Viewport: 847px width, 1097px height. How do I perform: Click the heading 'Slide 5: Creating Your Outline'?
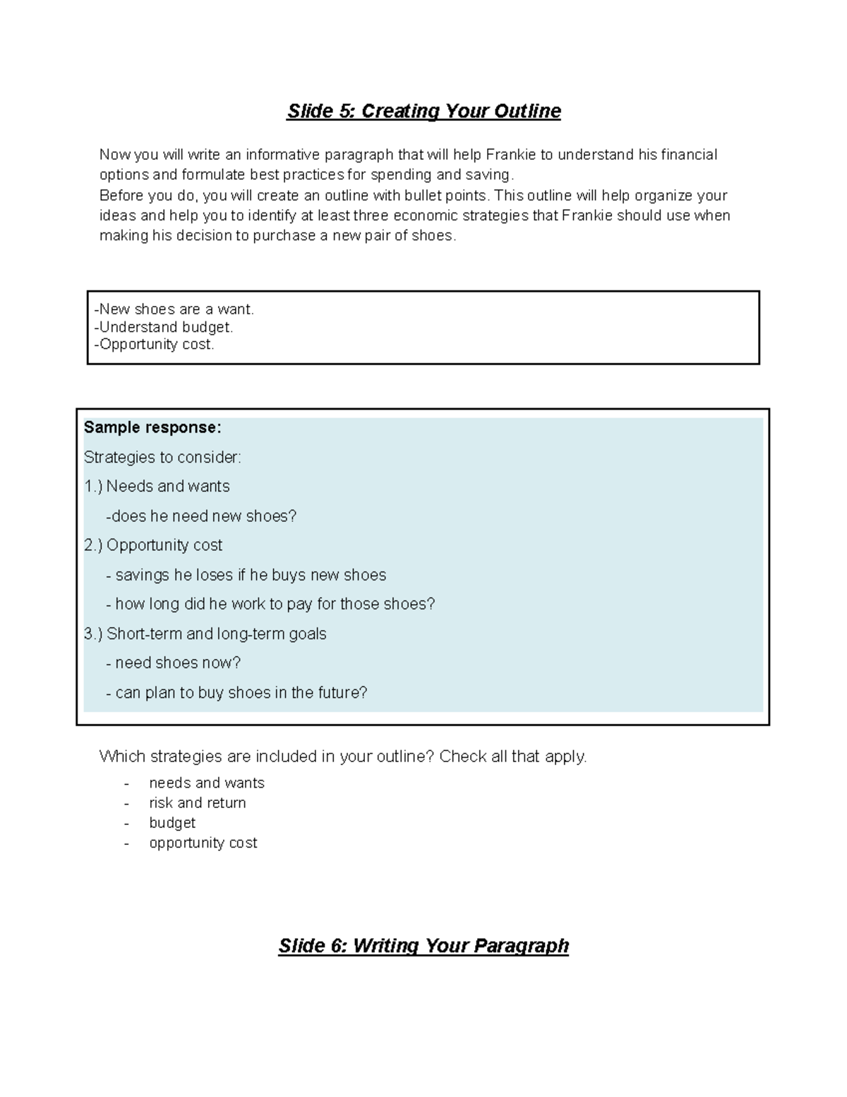tap(423, 112)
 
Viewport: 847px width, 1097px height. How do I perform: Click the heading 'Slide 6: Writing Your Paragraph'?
tap(423, 946)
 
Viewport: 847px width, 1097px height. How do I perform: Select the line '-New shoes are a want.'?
tap(174, 309)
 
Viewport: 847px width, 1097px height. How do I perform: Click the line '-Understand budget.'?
tap(163, 327)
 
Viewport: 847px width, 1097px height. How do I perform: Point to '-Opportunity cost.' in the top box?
tap(154, 344)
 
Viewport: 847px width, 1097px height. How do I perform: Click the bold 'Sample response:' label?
tap(152, 427)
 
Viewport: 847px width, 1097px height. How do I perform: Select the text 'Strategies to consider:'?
tap(162, 457)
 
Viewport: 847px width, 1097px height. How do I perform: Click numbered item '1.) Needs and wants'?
tap(157, 487)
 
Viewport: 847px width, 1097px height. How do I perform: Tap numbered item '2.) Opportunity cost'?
tap(153, 545)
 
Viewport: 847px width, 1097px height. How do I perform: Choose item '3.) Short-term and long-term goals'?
tap(205, 634)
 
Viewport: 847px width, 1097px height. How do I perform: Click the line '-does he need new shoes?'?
tap(201, 516)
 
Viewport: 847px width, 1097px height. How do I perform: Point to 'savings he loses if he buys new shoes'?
tap(250, 575)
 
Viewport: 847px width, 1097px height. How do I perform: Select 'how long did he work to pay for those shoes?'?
tap(275, 604)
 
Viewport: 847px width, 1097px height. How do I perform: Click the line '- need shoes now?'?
tap(174, 663)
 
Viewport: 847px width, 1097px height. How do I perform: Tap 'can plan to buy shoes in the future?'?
tap(241, 692)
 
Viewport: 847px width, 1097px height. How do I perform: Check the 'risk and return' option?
tap(198, 803)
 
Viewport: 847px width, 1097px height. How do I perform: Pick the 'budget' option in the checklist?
tap(172, 823)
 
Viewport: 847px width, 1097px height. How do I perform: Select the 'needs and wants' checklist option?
tap(207, 783)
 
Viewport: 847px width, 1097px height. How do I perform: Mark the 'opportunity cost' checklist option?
tap(203, 843)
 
